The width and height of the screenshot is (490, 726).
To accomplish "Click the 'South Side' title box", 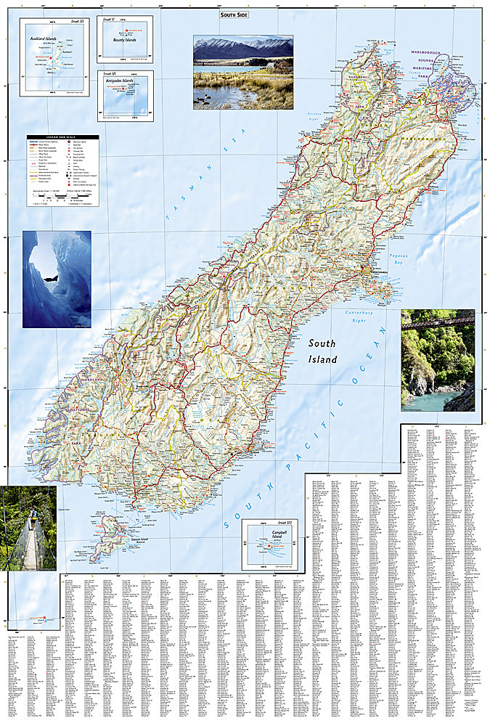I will tap(234, 14).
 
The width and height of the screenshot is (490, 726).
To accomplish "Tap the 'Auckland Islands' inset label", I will tap(44, 36).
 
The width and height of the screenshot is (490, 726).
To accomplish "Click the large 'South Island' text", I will tap(322, 351).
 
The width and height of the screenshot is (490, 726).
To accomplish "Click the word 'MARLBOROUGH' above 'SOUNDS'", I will tap(449, 54).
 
